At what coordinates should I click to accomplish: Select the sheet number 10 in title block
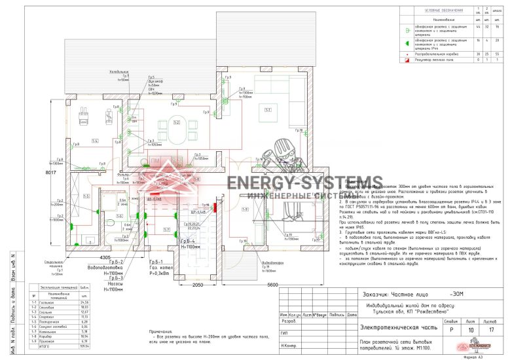(469, 331)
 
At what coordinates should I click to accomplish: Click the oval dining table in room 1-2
(177, 123)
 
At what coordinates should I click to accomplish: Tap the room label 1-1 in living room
(268, 109)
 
